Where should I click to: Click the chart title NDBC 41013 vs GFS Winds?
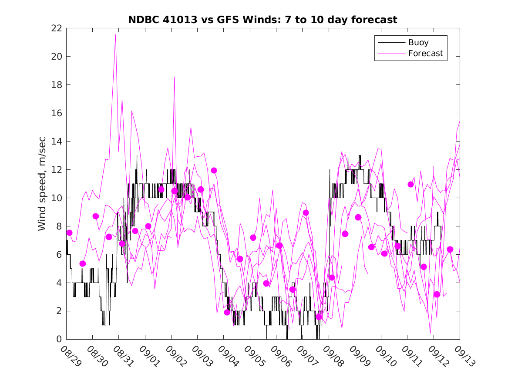pyautogui.click(x=262, y=20)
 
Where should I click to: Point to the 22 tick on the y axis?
pyautogui.click(x=57, y=28)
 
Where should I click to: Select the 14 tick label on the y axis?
pyautogui.click(x=57, y=142)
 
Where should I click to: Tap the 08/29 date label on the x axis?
pyautogui.click(x=71, y=356)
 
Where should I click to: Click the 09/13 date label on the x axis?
pyautogui.click(x=464, y=356)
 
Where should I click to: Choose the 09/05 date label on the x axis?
pyautogui.click(x=254, y=356)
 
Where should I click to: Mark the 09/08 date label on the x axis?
pyautogui.click(x=333, y=356)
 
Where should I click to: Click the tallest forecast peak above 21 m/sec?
pyautogui.click(x=115, y=35)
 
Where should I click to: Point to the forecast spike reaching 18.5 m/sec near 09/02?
pyautogui.click(x=174, y=78)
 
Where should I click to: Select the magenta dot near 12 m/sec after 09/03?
pyautogui.click(x=214, y=170)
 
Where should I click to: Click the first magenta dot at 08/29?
pyautogui.click(x=69, y=233)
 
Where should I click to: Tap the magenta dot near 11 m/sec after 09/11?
pyautogui.click(x=410, y=184)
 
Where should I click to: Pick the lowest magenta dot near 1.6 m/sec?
pyautogui.click(x=319, y=317)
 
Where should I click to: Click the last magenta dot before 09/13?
pyautogui.click(x=450, y=250)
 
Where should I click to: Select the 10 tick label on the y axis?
pyautogui.click(x=57, y=198)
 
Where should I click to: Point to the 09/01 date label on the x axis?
pyautogui.click(x=149, y=356)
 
